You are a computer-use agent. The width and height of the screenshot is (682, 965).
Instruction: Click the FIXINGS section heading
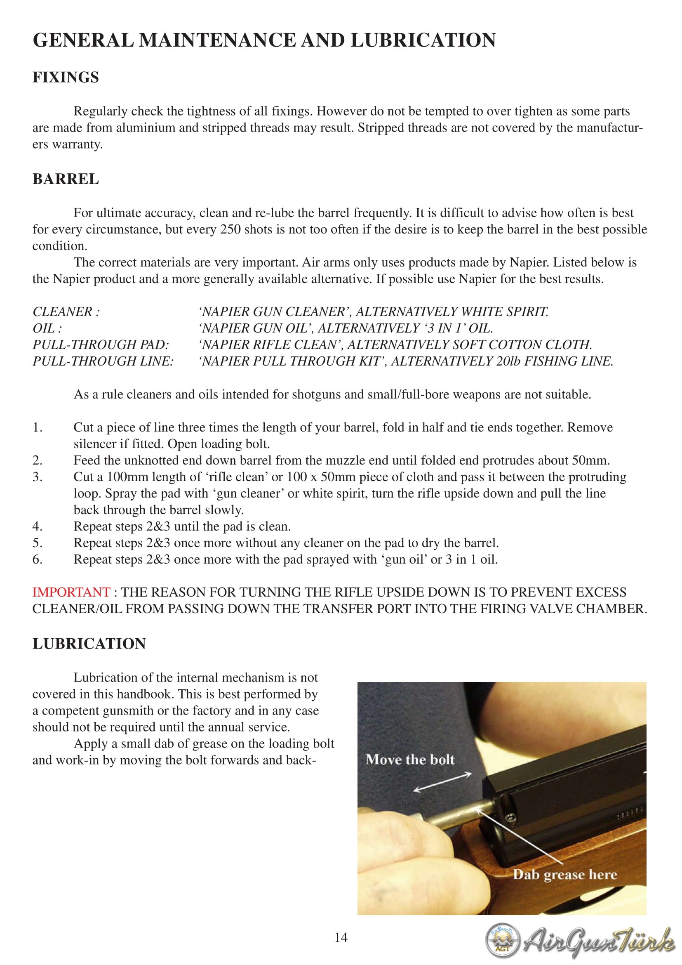pyautogui.click(x=66, y=77)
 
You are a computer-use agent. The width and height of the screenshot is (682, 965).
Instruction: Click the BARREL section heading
pyautogui.click(x=66, y=179)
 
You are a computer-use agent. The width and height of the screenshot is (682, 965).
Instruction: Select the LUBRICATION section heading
pyautogui.click(x=89, y=644)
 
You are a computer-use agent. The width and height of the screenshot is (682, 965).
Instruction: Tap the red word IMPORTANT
pyautogui.click(x=71, y=592)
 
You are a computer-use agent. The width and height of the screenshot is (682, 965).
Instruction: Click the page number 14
pyautogui.click(x=341, y=938)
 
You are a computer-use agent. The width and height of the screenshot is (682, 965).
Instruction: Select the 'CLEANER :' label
pyautogui.click(x=66, y=312)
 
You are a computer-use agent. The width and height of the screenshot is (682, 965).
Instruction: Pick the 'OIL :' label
pyautogui.click(x=47, y=328)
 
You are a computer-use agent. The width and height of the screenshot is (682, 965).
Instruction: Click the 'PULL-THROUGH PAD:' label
pyautogui.click(x=101, y=344)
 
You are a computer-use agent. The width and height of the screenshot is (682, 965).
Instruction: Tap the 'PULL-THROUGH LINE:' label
pyautogui.click(x=103, y=361)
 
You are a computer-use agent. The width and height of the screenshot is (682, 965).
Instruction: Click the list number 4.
pyautogui.click(x=38, y=526)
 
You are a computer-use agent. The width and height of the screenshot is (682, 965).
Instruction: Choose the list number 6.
pyautogui.click(x=38, y=559)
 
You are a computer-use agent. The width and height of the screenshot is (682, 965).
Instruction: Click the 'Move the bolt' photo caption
pyautogui.click(x=410, y=760)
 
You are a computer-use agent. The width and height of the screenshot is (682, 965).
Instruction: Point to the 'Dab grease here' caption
pyautogui.click(x=565, y=875)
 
